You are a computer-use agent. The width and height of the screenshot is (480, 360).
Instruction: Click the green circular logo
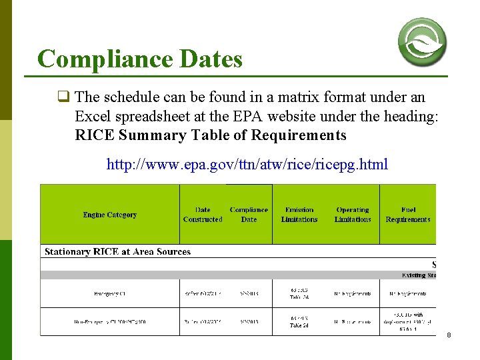click(x=422, y=41)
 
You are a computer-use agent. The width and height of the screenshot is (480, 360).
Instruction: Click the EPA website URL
click(x=247, y=164)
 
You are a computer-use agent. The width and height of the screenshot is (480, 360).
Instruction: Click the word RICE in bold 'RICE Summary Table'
click(x=94, y=135)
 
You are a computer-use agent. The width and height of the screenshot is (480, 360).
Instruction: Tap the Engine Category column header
click(x=109, y=215)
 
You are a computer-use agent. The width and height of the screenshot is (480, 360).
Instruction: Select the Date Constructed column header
click(x=203, y=215)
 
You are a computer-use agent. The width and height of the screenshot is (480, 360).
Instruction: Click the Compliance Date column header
click(x=249, y=215)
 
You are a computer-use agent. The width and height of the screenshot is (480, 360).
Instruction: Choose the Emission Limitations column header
click(x=299, y=215)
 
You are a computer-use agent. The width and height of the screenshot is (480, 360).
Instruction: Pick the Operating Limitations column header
click(x=353, y=215)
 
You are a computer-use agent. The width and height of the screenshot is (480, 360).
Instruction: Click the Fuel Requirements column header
click(x=408, y=215)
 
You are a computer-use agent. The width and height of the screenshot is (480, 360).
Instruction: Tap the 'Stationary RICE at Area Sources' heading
click(x=117, y=252)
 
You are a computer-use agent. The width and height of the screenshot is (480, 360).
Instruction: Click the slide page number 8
click(x=449, y=335)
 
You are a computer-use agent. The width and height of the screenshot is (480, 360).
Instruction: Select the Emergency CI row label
click(x=109, y=293)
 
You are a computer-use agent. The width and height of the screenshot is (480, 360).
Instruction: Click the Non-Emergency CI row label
click(x=109, y=322)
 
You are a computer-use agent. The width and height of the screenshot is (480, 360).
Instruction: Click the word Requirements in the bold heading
click(x=299, y=135)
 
